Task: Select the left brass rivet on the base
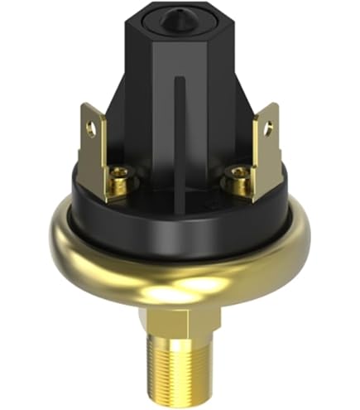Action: point(119,176)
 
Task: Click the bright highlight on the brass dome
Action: point(199,286)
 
